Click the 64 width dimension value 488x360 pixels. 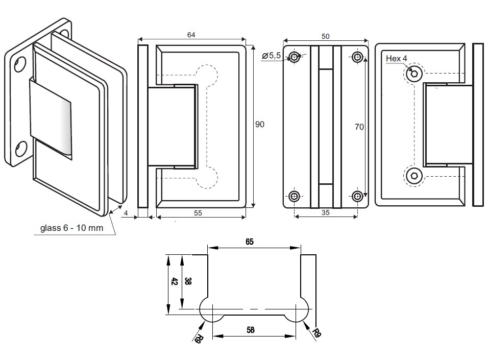(191, 35)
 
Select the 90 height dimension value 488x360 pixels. (260, 124)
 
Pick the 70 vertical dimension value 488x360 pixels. (359, 127)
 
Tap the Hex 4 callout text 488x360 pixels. (396, 59)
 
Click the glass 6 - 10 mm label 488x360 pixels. (71, 228)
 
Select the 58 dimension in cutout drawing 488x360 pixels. (250, 330)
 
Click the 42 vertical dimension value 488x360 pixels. (174, 282)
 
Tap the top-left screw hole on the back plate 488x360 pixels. (295, 56)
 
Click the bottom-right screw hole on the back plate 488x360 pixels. (358, 195)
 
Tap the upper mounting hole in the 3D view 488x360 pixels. (19, 64)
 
